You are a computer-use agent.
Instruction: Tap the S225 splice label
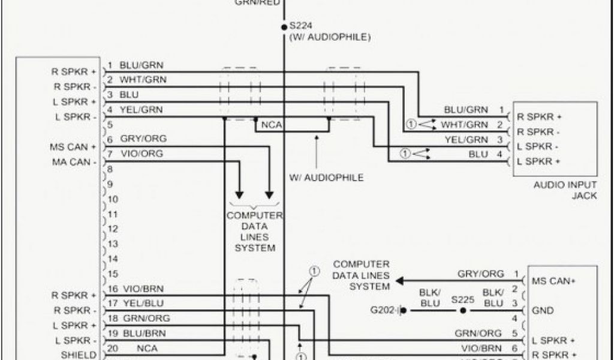pyautogui.click(x=462, y=298)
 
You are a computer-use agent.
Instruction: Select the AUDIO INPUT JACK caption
pyautogui.click(x=565, y=190)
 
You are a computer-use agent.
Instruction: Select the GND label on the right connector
pyautogui.click(x=543, y=311)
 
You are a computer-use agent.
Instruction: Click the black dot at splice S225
pyautogui.click(x=462, y=311)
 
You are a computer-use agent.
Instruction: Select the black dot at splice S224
pyautogui.click(x=284, y=27)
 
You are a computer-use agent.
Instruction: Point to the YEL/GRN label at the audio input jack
pyautogui.click(x=465, y=140)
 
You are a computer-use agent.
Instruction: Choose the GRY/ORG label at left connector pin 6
pyautogui.click(x=143, y=139)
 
